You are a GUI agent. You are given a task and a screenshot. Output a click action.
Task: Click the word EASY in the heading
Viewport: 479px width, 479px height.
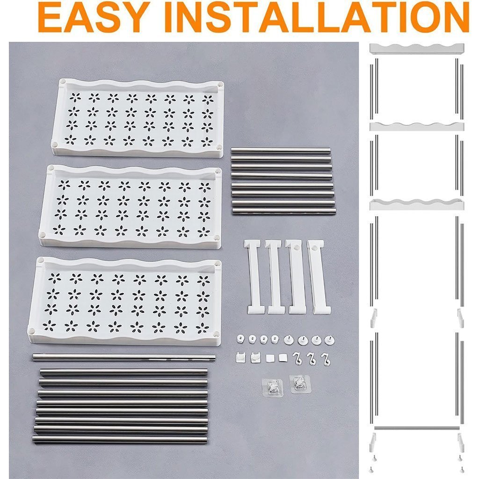click(x=94, y=17)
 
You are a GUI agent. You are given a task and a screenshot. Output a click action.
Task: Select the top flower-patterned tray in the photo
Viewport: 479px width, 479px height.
click(x=138, y=118)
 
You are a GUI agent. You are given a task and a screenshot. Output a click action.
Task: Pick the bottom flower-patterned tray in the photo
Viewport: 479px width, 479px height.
click(x=124, y=301)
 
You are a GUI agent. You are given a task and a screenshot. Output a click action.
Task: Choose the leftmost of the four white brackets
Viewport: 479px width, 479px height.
click(x=253, y=277)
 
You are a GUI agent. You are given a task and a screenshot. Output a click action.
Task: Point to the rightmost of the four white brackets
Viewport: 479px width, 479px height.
click(x=319, y=277)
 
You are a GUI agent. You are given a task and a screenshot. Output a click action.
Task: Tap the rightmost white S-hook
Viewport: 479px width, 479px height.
click(x=326, y=359)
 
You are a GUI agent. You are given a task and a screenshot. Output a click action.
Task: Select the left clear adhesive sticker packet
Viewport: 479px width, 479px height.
click(x=273, y=387)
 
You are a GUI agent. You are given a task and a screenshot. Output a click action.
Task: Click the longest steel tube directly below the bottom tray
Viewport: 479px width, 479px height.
click(x=123, y=358)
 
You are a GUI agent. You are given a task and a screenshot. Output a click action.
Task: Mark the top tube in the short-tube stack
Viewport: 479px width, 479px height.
click(x=281, y=150)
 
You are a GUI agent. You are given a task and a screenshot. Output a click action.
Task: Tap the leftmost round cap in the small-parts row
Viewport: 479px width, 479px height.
click(x=241, y=339)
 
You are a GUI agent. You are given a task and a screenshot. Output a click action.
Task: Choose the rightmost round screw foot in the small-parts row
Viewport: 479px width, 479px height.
click(x=329, y=340)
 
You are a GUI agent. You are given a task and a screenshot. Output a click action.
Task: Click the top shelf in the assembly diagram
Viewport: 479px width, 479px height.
click(x=417, y=49)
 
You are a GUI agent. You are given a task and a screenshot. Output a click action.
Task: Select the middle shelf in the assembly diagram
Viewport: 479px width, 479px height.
click(x=417, y=126)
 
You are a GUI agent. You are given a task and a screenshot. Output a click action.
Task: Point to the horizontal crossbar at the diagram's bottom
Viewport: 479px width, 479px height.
click(x=417, y=428)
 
